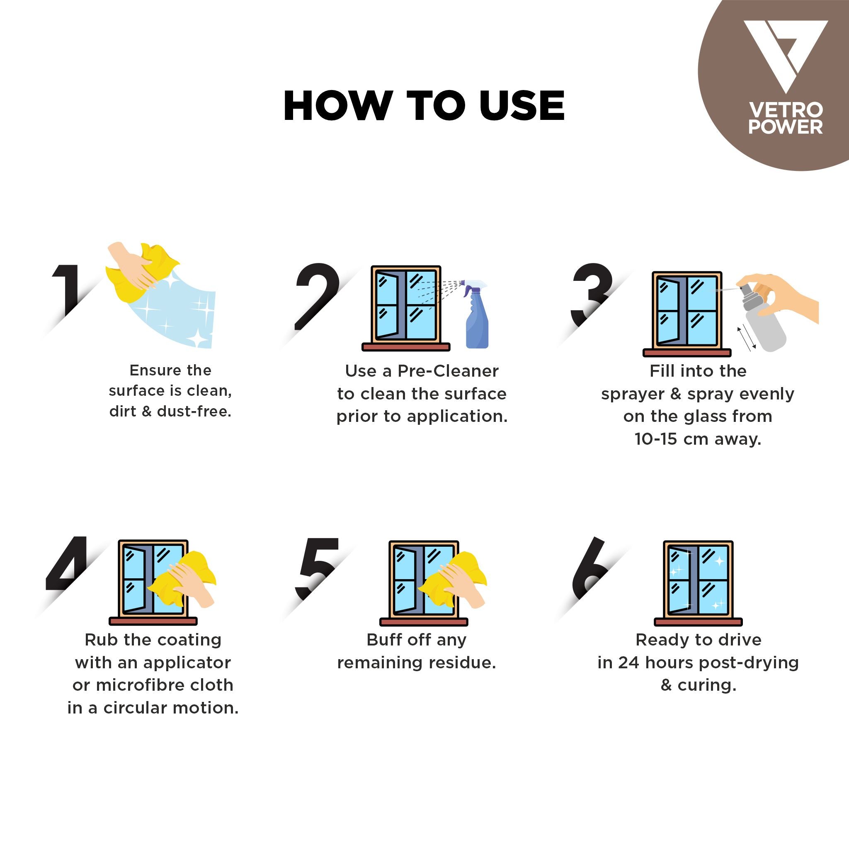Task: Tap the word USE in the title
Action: point(522,106)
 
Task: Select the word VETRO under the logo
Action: point(785,110)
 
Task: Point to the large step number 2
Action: point(317,292)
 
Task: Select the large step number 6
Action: point(589,567)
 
